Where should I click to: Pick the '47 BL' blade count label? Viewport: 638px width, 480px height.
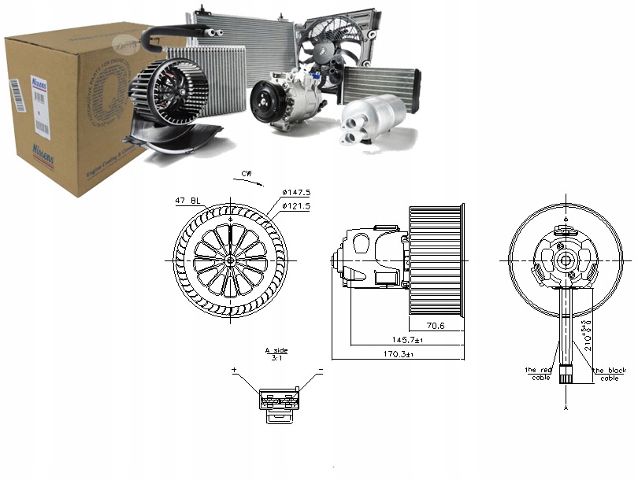tap(187, 202)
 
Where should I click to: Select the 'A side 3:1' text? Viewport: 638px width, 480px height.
tap(276, 354)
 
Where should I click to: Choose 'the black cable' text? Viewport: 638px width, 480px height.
tap(610, 374)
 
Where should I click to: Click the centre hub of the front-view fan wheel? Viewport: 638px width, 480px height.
tap(229, 260)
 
